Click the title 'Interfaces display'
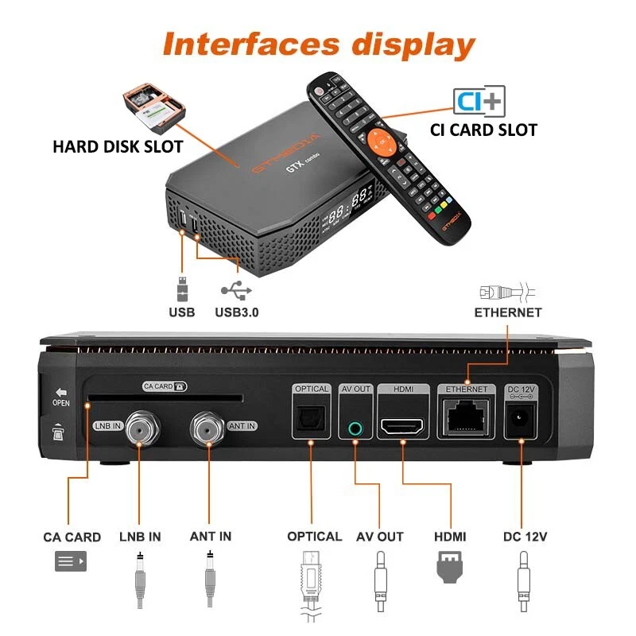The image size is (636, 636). pos(318,44)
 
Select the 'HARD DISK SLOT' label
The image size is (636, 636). pos(118,147)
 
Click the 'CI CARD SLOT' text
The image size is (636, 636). pos(483,130)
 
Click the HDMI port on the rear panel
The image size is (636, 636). pos(403,427)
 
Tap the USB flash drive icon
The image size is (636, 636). pos(181,289)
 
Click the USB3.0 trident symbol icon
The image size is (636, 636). pos(236,289)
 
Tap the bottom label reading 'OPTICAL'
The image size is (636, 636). pos(315,537)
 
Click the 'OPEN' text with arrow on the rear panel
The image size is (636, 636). pos(60,398)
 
